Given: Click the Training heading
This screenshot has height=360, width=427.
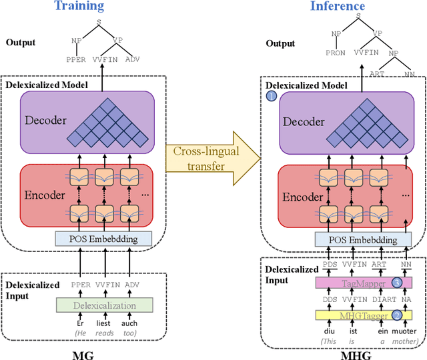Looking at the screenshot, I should click(x=79, y=7).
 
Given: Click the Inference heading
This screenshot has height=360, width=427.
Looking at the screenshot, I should click(x=337, y=7).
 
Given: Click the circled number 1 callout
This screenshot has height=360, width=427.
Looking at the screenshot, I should click(x=272, y=97).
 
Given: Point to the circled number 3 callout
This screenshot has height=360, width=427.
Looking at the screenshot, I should click(x=397, y=283).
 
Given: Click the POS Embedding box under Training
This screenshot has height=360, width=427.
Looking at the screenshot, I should click(x=103, y=238).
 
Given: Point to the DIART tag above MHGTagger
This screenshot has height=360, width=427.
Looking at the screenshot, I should click(x=378, y=299).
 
